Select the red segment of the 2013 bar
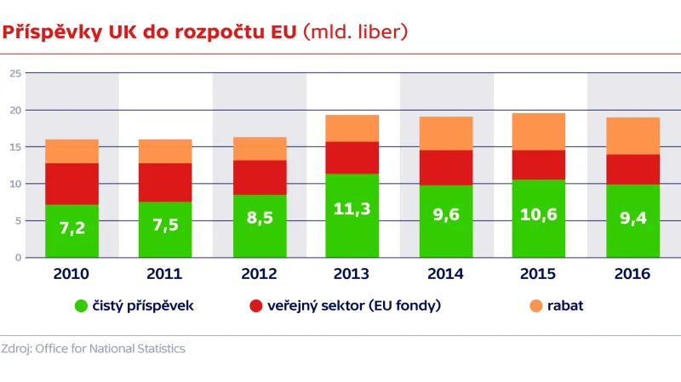click(352, 157)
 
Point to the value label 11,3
click(352, 209)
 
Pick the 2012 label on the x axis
click(259, 274)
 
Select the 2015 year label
click(539, 274)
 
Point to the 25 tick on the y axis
click(15, 74)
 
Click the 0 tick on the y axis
click(18, 257)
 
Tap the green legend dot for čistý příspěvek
click(82, 305)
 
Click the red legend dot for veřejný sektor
click(254, 305)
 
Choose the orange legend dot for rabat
click(535, 305)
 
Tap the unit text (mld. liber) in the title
click(356, 32)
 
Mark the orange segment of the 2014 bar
click(446, 134)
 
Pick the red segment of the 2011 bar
click(165, 182)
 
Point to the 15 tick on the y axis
click(15, 147)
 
